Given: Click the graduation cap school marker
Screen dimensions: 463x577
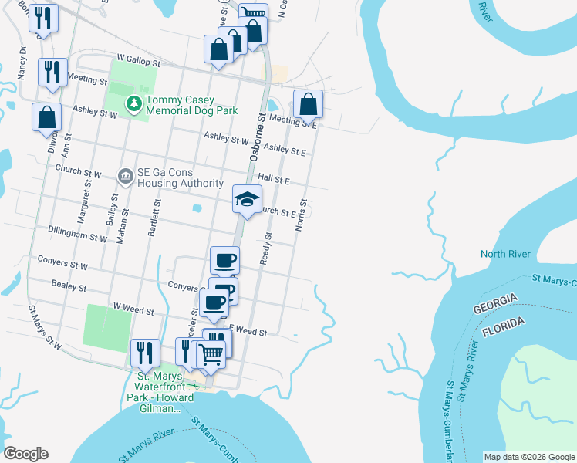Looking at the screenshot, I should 248,200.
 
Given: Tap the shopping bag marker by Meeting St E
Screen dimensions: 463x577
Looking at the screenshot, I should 308,104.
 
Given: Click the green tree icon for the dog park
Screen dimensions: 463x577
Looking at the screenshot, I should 134,102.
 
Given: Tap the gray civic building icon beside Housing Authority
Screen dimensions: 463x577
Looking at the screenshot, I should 124,177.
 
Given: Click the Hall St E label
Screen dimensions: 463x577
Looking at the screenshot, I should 273,179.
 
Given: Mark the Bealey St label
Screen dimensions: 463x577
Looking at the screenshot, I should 69,287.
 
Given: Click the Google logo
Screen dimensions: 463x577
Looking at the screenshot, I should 26,454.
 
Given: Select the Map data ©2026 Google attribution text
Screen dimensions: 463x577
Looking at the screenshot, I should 528,457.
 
